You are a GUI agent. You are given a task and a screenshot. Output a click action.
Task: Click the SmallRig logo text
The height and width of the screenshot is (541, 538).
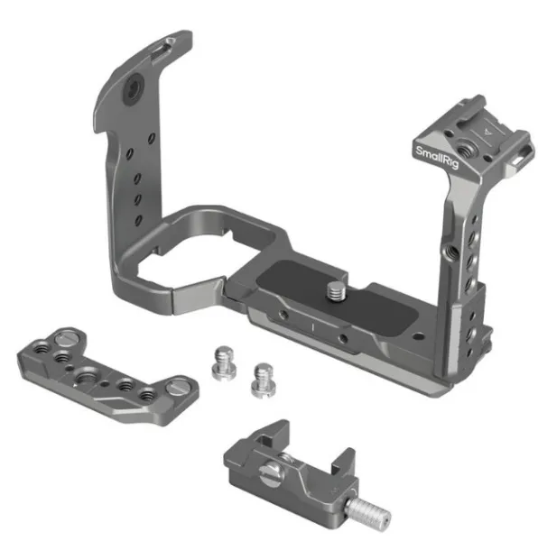click(x=437, y=158)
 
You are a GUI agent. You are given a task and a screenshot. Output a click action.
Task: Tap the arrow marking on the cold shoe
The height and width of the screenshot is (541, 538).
click(x=487, y=131)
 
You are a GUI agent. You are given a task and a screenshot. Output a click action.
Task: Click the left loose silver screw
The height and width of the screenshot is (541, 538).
click(x=224, y=363)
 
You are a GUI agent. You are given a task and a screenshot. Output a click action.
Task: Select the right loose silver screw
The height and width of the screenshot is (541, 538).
click(x=264, y=380)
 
